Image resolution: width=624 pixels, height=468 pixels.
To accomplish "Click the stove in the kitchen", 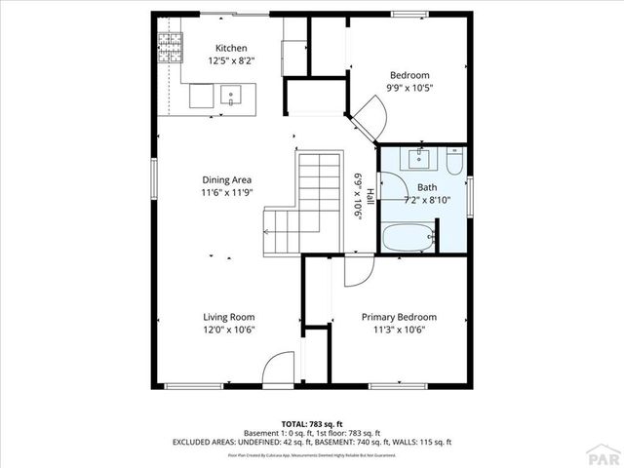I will click(x=172, y=44).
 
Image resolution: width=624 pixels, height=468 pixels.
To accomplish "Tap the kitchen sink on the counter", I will click(x=231, y=96).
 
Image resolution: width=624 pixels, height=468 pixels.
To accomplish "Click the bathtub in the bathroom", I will click(x=408, y=237).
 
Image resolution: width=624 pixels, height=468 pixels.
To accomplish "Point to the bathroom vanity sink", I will click(x=422, y=158).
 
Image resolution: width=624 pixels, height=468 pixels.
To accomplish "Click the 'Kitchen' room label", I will click(x=231, y=48).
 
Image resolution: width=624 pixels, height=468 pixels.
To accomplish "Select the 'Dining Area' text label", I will click(x=228, y=179).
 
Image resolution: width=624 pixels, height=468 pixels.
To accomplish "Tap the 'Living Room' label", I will click(x=228, y=317).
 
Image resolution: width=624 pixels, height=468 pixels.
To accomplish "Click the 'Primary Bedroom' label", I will click(x=399, y=317).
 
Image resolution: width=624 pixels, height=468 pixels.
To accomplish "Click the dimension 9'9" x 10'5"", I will click(x=410, y=88).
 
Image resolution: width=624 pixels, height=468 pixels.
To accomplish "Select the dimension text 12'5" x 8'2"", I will click(x=231, y=60).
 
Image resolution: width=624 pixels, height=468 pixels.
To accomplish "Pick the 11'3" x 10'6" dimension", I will click(x=399, y=330).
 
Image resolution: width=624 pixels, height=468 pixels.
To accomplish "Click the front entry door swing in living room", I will click(x=279, y=367).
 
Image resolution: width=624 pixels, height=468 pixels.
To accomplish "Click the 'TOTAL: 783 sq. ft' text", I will click(x=311, y=424).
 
